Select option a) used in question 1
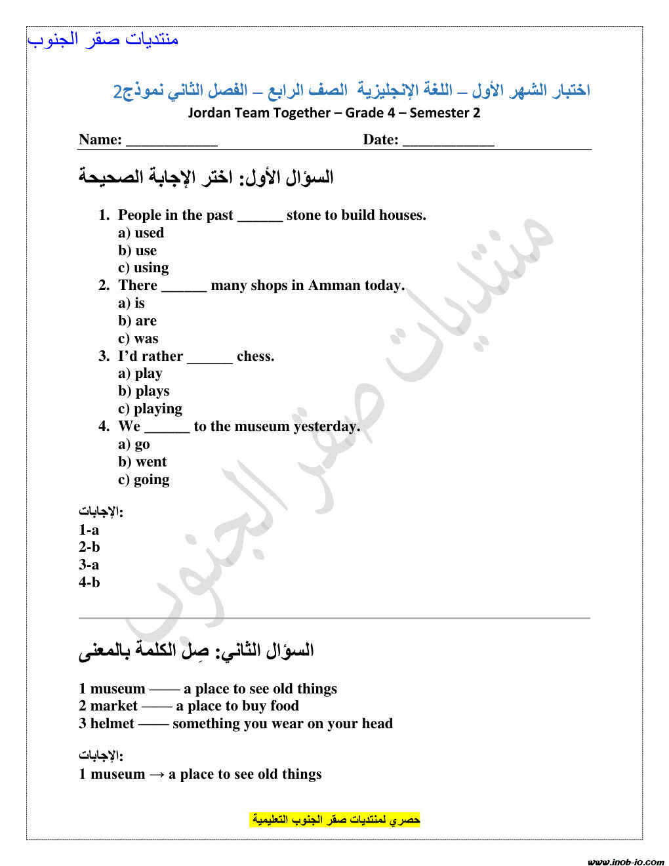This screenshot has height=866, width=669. [x=141, y=233]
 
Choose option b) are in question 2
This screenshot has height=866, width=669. [x=138, y=321]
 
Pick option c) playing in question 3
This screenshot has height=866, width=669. [x=150, y=409]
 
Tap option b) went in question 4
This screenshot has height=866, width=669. [x=142, y=462]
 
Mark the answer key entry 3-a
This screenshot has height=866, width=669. [x=89, y=565]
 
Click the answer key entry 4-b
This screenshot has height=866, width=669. [x=89, y=583]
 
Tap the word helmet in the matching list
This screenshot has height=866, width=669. [x=112, y=724]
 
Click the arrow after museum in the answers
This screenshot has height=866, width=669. [x=157, y=774]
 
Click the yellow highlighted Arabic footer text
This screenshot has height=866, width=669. [x=335, y=819]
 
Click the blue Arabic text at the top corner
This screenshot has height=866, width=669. [x=103, y=39]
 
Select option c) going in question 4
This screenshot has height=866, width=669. [x=144, y=480]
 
